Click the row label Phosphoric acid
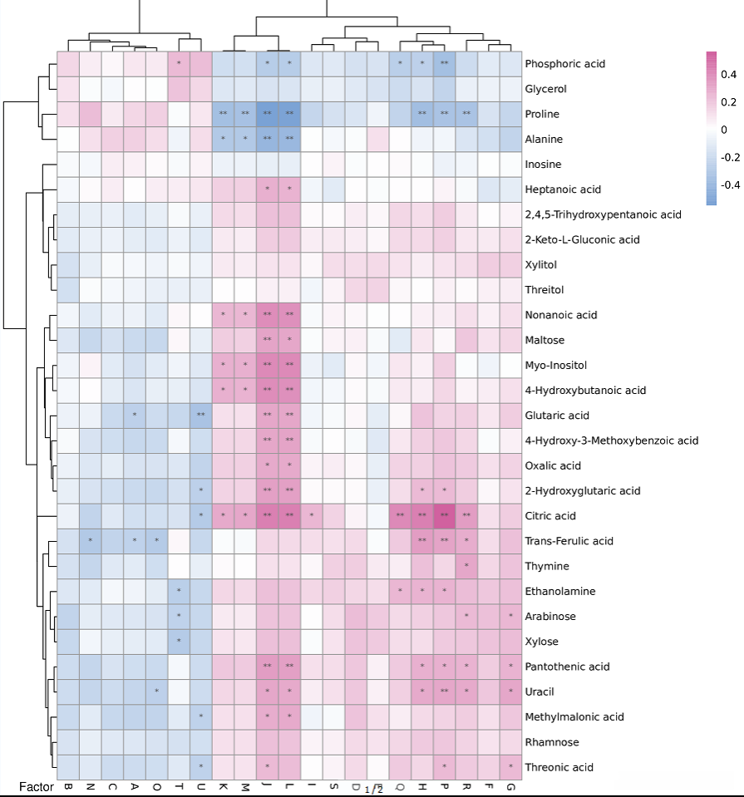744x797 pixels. pyautogui.click(x=565, y=64)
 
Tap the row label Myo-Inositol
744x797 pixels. pyautogui.click(x=556, y=366)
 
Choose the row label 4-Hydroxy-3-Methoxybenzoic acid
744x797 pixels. pyautogui.click(x=612, y=440)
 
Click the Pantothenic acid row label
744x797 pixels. pyautogui.click(x=567, y=667)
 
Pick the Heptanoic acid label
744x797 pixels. pyautogui.click(x=563, y=189)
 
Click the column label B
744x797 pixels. pyautogui.click(x=68, y=786)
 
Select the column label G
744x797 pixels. pyautogui.click(x=510, y=786)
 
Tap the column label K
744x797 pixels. pyautogui.click(x=223, y=786)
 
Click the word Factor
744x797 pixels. pyautogui.click(x=37, y=786)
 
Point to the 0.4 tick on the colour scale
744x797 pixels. pyautogui.click(x=729, y=75)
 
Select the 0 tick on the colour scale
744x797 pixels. pyautogui.click(x=724, y=130)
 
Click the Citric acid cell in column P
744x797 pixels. pyautogui.click(x=445, y=516)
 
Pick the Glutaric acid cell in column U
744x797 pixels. pyautogui.click(x=201, y=416)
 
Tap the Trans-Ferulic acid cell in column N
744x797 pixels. pyautogui.click(x=91, y=541)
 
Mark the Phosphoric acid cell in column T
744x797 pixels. pyautogui.click(x=179, y=64)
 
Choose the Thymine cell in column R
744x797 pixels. pyautogui.click(x=466, y=566)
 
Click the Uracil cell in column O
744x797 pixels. pyautogui.click(x=156, y=691)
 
